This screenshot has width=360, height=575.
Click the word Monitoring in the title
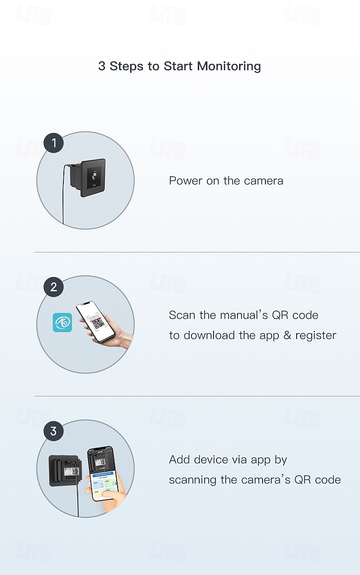click(x=229, y=66)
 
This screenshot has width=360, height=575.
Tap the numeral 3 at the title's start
click(x=102, y=66)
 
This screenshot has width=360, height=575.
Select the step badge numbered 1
click(x=54, y=143)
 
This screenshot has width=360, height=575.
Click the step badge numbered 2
click(x=54, y=287)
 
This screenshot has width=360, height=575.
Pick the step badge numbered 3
click(x=54, y=431)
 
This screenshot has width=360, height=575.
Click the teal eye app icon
click(x=62, y=323)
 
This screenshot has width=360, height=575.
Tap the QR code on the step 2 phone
click(x=97, y=323)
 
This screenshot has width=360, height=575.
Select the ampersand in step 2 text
click(x=287, y=335)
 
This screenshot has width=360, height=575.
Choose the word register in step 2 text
click(x=316, y=336)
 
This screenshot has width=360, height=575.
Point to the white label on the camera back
click(x=72, y=471)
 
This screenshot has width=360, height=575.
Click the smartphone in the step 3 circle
click(x=102, y=473)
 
